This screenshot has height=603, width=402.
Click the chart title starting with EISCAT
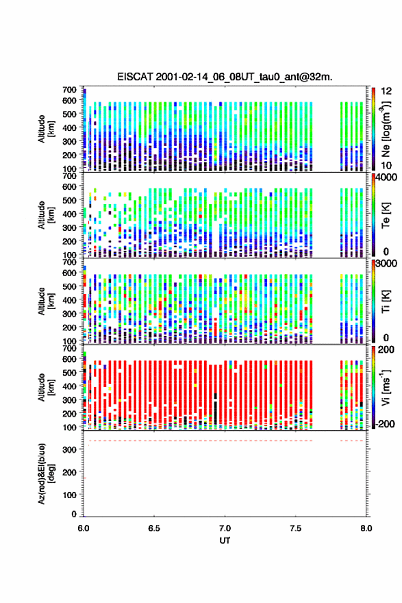(x=225, y=77)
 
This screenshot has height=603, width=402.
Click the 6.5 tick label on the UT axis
(x=154, y=528)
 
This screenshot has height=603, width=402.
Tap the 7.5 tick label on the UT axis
(x=296, y=528)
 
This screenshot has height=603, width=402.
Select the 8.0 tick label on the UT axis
(x=366, y=528)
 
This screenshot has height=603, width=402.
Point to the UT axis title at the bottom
(x=225, y=541)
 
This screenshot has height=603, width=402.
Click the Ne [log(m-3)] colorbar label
(x=387, y=129)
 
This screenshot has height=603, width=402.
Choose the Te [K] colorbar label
(x=386, y=215)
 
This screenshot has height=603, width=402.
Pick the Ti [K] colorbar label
(x=386, y=301)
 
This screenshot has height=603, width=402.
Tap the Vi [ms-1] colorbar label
(x=386, y=387)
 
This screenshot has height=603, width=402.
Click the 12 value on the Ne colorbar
(x=387, y=91)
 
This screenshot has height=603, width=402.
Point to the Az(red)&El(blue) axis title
(x=46, y=473)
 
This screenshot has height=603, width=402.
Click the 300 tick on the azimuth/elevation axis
(x=69, y=450)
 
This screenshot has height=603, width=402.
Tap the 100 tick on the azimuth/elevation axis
(x=69, y=495)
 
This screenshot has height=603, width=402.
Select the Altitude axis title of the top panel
(x=46, y=129)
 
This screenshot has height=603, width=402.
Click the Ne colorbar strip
(x=373, y=130)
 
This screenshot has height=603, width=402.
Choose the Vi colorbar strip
(x=373, y=388)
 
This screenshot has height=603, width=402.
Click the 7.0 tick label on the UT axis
(x=225, y=528)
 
